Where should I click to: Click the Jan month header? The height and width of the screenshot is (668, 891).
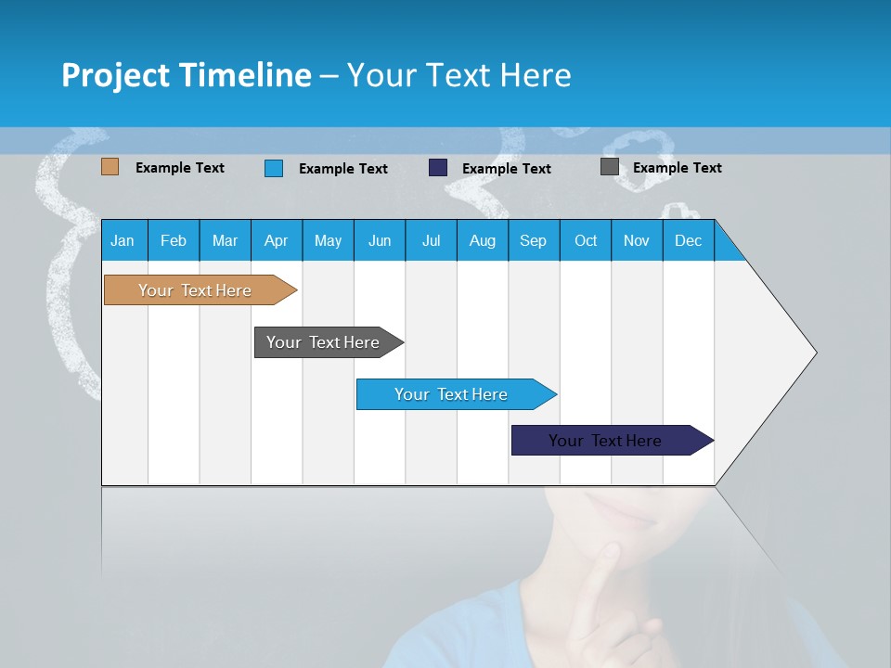(123, 240)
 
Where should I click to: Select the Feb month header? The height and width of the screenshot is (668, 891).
(174, 240)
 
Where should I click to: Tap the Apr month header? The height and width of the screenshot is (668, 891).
(276, 240)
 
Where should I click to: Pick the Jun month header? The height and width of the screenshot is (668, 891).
(380, 240)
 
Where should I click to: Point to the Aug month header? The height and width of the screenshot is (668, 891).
(482, 240)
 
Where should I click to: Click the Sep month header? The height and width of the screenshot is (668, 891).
(533, 240)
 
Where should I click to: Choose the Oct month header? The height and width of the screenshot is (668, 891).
(586, 240)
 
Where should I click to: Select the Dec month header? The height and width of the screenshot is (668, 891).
(688, 240)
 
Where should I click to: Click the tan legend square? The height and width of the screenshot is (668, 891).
(110, 167)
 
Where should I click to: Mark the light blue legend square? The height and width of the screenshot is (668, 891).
(274, 168)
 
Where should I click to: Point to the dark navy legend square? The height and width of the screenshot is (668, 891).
(438, 168)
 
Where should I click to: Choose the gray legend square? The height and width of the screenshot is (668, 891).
(610, 167)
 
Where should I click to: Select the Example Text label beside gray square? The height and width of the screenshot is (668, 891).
(677, 168)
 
